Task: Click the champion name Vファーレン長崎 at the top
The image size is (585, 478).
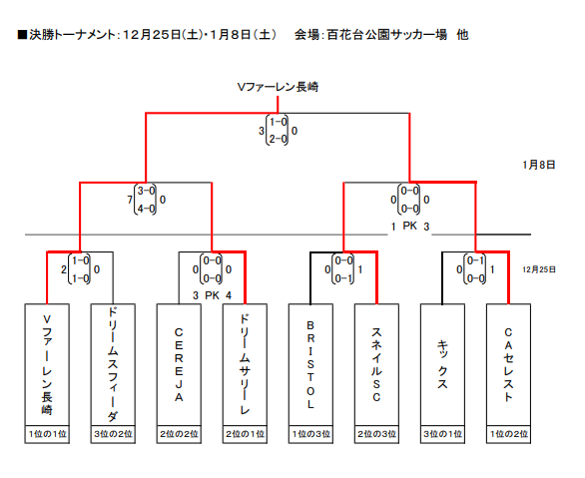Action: click(x=278, y=87)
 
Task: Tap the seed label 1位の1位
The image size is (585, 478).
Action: click(x=47, y=434)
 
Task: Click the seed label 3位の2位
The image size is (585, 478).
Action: click(x=113, y=434)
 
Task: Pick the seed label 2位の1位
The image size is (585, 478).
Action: click(x=245, y=434)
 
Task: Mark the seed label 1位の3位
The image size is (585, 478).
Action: click(x=310, y=434)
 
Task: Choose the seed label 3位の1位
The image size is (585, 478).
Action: click(x=442, y=434)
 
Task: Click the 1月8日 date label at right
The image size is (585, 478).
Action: click(x=539, y=165)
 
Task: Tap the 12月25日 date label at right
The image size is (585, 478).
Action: click(x=539, y=269)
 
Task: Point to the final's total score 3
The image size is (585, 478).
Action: click(x=262, y=131)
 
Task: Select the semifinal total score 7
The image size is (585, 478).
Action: click(x=130, y=200)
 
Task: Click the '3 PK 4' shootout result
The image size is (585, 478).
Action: click(x=212, y=295)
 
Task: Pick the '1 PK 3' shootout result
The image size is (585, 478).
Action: click(x=410, y=227)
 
